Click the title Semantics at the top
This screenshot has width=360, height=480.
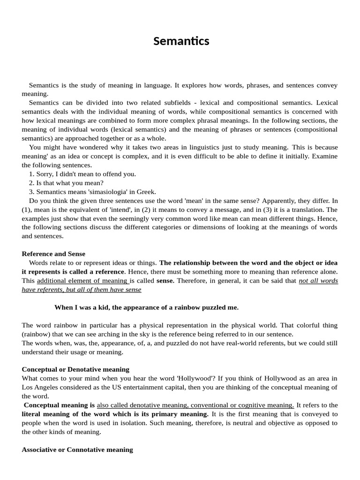coord(181,41)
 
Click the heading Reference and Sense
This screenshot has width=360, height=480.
coord(53,254)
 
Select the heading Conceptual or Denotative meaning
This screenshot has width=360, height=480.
coord(75,369)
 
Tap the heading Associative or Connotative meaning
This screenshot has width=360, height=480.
coord(77,450)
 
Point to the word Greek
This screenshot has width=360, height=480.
coord(146,192)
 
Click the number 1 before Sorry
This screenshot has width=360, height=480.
coord(31,174)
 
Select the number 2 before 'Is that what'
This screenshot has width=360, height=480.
coord(31,183)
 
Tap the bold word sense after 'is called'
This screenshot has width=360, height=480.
coord(165,281)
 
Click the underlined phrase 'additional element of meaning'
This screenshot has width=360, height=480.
coord(82,281)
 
